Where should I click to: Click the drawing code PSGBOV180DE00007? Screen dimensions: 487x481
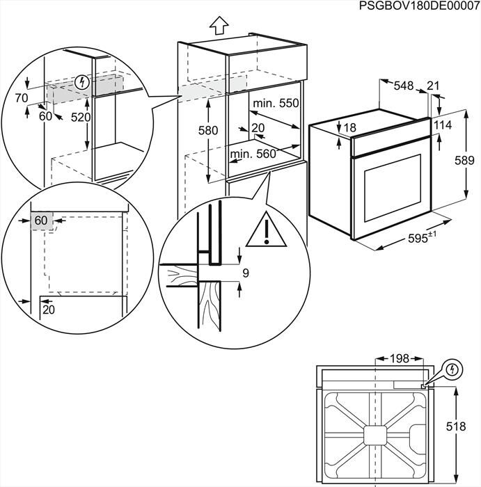point(420,6)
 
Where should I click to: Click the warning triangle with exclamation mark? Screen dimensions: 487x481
point(266,230)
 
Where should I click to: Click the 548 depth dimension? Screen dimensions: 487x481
point(404,86)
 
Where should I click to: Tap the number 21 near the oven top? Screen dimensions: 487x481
point(433,86)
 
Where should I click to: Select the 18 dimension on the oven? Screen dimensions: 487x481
point(349,128)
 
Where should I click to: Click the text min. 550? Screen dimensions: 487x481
point(275,104)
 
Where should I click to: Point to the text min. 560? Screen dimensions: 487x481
point(253,154)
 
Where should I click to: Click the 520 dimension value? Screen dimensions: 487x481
point(81,118)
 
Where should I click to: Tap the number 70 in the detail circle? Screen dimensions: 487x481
point(22,99)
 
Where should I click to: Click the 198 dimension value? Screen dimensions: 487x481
point(399,358)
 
